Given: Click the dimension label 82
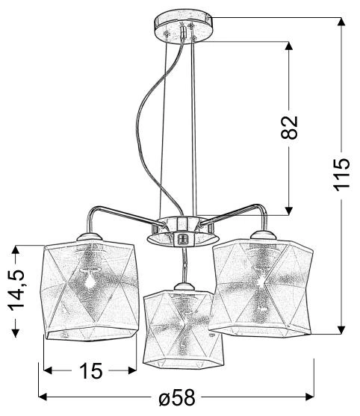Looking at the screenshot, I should coord(291,127).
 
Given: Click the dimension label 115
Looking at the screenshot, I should coord(341,174).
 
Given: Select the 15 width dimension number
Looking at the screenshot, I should coord(90,370).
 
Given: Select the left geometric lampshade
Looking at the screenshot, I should coord(89,293).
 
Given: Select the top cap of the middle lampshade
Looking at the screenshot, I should coord(179,287).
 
